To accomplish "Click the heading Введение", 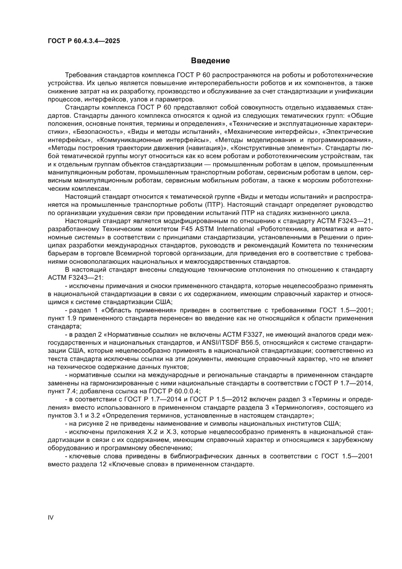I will pos(210,61).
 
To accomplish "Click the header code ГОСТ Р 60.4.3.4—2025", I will pos(84,41).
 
